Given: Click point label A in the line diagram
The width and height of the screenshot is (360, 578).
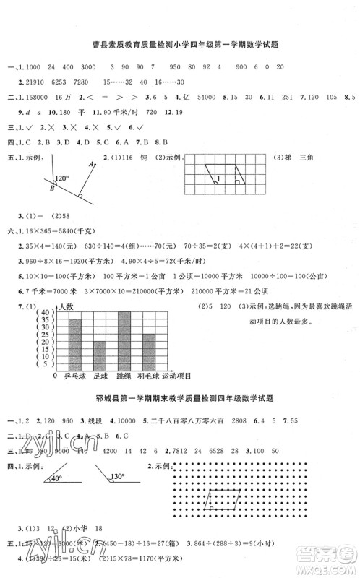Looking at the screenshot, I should (x=92, y=165).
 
